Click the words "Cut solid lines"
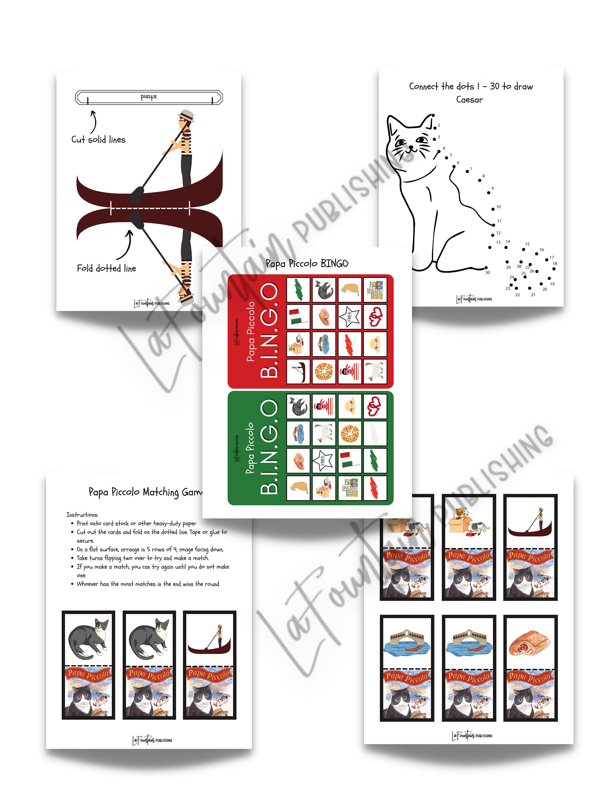click(98, 140)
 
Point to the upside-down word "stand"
click(149, 97)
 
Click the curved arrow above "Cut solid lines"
click(94, 122)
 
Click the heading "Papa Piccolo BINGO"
click(307, 263)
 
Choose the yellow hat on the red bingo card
click(375, 344)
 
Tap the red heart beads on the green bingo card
click(375, 406)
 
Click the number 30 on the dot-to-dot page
click(487, 272)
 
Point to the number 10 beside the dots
click(498, 207)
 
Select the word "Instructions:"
click(82, 515)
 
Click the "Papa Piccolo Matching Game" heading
click(145, 492)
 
